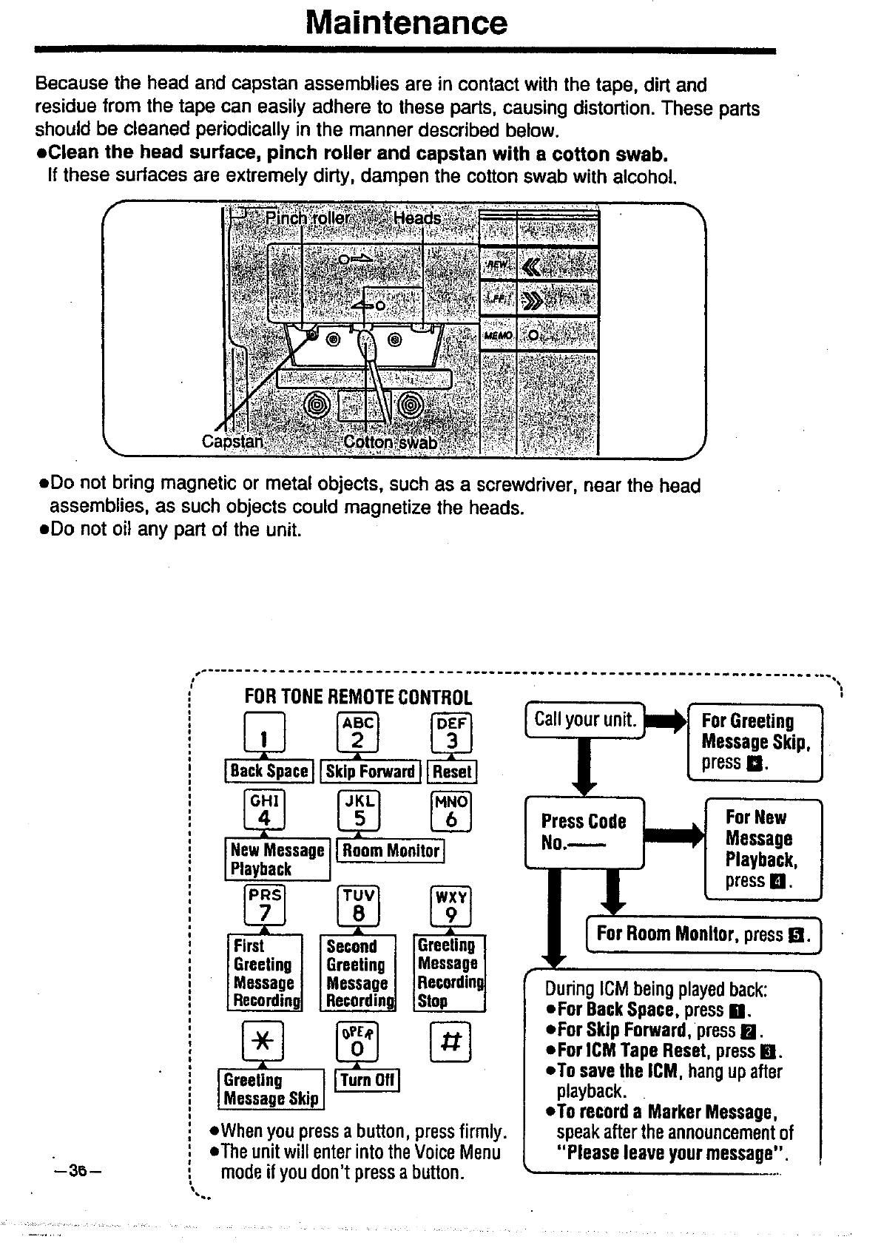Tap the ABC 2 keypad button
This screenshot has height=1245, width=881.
[357, 733]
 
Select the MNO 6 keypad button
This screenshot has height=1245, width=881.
[450, 812]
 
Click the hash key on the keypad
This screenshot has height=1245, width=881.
[450, 1042]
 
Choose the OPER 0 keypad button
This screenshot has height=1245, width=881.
[357, 1042]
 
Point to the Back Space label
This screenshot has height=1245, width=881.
[269, 771]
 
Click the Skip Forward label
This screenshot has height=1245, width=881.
[371, 771]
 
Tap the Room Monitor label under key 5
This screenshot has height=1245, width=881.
[391, 851]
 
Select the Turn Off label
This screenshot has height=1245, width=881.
[368, 1080]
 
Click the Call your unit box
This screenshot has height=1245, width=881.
[585, 720]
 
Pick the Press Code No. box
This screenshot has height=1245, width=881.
[584, 832]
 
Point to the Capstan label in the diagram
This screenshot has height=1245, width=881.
[232, 442]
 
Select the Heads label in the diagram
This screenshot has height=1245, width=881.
[417, 218]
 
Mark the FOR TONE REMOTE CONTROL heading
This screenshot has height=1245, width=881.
[358, 697]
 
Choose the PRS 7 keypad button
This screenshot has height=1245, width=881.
[264, 905]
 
